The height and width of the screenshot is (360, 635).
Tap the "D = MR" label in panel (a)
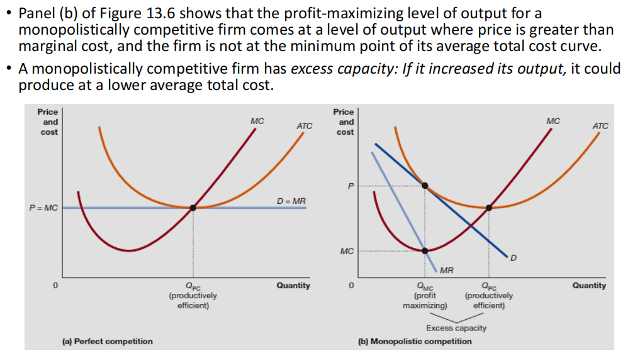pyautogui.click(x=291, y=201)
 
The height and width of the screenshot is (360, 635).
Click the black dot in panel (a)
pyautogui.click(x=193, y=207)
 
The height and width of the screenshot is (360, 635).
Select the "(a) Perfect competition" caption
pyautogui.click(x=107, y=341)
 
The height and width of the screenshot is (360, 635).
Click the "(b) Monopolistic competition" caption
pyautogui.click(x=414, y=341)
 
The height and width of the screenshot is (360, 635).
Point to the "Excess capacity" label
pyautogui.click(x=456, y=328)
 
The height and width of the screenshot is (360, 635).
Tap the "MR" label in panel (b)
pyautogui.click(x=447, y=271)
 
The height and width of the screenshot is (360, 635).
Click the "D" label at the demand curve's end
pyautogui.click(x=513, y=258)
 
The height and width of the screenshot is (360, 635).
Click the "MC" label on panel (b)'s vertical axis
pyautogui.click(x=347, y=251)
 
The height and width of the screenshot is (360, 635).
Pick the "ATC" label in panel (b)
pyautogui.click(x=600, y=126)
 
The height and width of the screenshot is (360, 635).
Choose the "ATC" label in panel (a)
pyautogui.click(x=304, y=126)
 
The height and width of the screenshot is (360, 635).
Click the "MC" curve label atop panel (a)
pyautogui.click(x=257, y=120)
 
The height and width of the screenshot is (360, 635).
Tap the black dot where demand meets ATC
pyautogui.click(x=426, y=186)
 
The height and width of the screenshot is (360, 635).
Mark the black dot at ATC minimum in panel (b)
pyautogui.click(x=489, y=207)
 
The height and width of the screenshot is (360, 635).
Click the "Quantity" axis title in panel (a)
pyautogui.click(x=293, y=286)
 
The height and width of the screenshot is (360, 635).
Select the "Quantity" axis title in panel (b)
pyautogui.click(x=589, y=286)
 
